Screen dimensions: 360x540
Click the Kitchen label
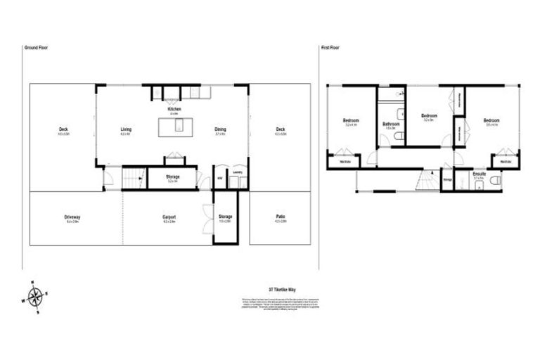[x=174, y=110]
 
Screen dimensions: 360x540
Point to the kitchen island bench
[x=176, y=127]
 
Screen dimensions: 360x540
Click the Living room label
[x=127, y=129]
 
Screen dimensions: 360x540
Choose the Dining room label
[x=220, y=129]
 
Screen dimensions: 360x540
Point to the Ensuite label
[x=479, y=173]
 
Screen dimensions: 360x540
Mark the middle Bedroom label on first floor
[x=428, y=115]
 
